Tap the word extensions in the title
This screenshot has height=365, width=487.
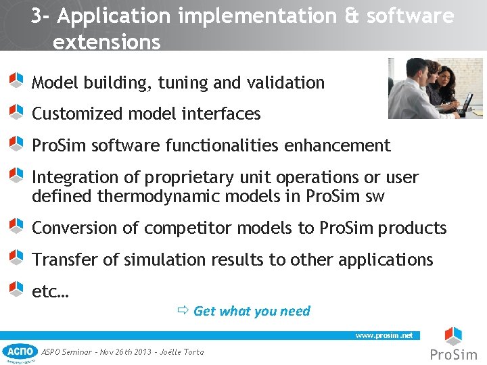coord(107,43)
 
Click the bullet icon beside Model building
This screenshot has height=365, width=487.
coord(16,80)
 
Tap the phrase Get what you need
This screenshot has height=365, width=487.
coord(252,311)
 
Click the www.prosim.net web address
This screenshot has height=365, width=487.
coord(384,335)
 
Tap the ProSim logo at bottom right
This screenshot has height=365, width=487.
coord(453,345)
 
